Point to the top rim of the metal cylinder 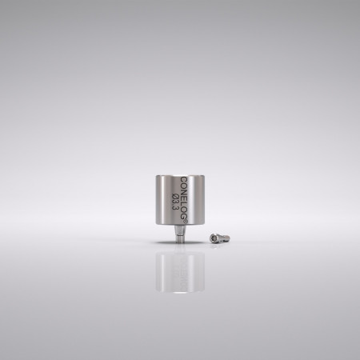pos(180,171)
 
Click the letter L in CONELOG pos(185,201)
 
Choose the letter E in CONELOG pos(185,195)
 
